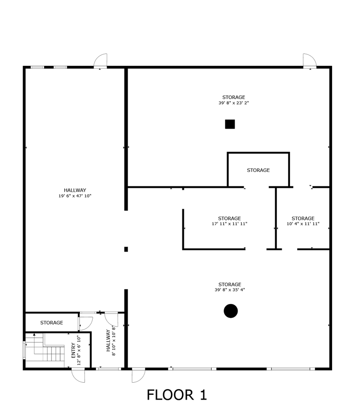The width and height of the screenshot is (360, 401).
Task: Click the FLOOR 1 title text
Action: click(x=177, y=394)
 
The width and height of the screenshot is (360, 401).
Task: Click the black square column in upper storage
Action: click(x=230, y=124)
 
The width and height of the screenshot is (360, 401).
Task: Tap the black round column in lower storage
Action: click(x=231, y=311)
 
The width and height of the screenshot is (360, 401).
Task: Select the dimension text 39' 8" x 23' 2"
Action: click(x=233, y=103)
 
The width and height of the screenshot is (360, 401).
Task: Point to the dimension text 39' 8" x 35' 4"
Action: click(x=230, y=290)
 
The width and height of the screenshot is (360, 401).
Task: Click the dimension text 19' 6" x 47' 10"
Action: click(x=75, y=195)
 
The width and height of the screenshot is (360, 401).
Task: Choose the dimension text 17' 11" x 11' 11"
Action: click(x=229, y=224)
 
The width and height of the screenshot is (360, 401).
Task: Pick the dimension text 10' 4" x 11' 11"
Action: click(x=303, y=224)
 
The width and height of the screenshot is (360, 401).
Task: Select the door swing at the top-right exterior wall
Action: click(x=310, y=61)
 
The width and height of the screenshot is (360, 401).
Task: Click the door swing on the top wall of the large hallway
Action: click(x=100, y=61)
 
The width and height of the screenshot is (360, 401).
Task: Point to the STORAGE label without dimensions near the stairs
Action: click(x=51, y=323)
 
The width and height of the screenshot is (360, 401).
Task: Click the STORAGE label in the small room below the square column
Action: click(x=258, y=170)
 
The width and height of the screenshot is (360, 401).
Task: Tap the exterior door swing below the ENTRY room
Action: click(x=78, y=375)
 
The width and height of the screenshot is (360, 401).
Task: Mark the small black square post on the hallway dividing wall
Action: click(x=126, y=249)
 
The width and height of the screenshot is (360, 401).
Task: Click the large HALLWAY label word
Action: click(x=75, y=190)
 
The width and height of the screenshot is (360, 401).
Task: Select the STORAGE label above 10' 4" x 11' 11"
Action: click(x=303, y=219)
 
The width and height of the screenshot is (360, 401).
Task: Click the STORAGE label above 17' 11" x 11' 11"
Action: click(x=229, y=219)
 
